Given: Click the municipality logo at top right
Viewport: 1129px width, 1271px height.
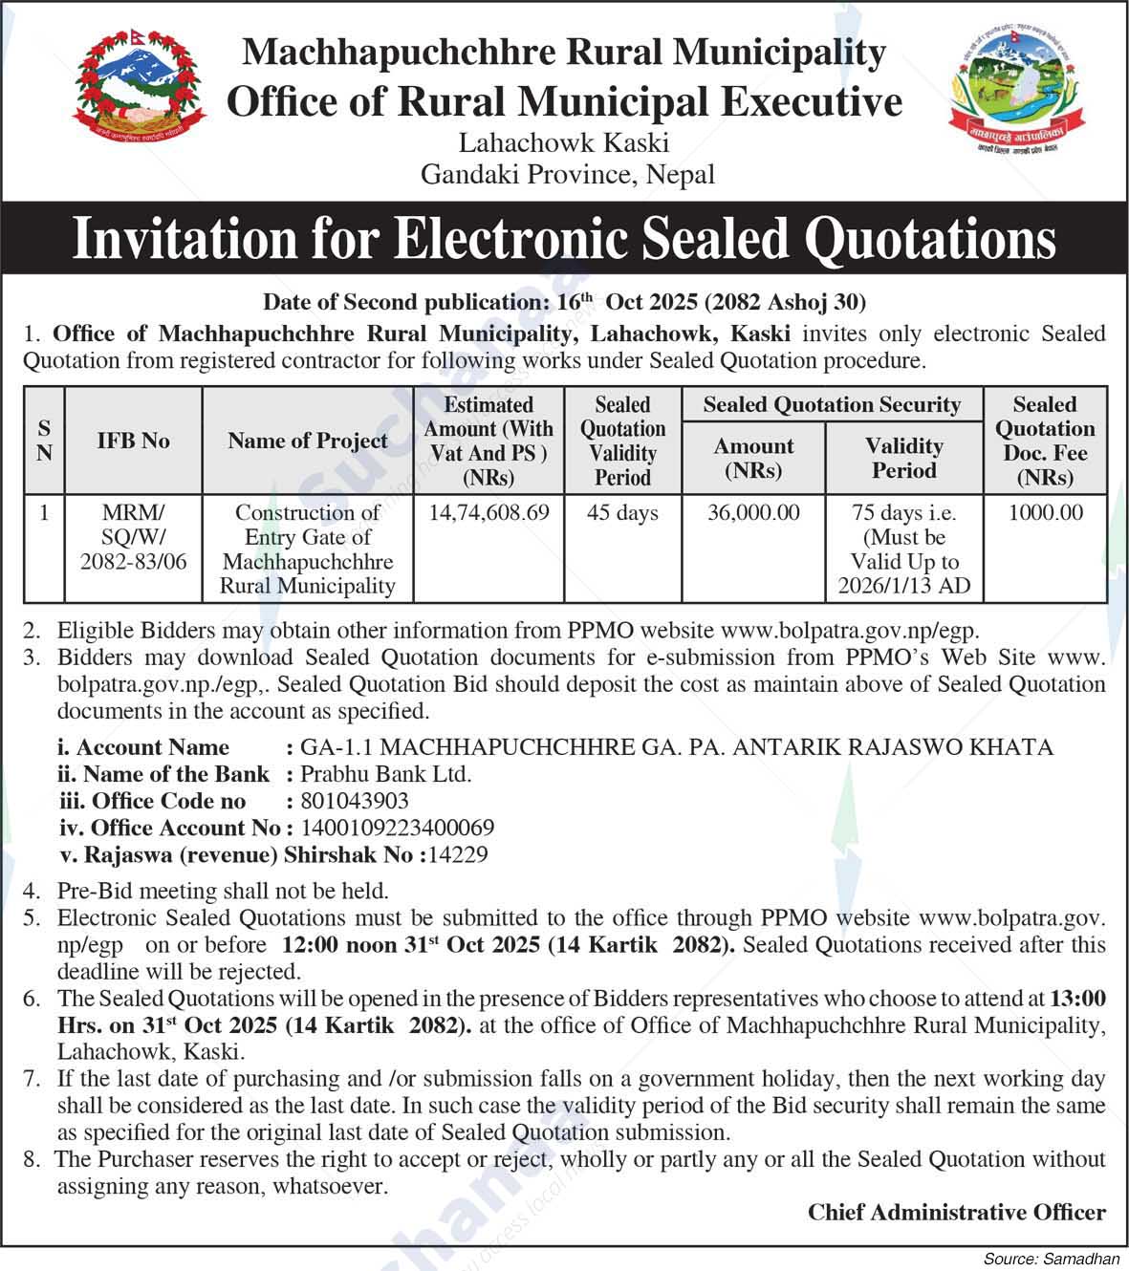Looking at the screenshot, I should [x=1019, y=91].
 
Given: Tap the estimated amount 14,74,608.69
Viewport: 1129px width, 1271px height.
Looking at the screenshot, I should [x=489, y=513].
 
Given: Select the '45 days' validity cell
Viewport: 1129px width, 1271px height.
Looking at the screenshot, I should [x=622, y=513].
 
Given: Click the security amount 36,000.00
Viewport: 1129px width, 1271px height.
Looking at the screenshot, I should [x=753, y=513].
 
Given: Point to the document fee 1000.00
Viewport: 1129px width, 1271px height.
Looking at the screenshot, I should [x=1046, y=513].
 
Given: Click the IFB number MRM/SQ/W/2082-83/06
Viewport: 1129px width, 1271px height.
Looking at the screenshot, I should [x=134, y=537].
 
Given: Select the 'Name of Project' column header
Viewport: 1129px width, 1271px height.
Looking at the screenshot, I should [x=308, y=441].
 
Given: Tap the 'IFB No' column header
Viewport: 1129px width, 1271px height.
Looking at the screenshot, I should [x=134, y=441].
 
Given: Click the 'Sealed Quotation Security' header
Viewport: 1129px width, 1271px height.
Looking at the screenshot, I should [x=832, y=404].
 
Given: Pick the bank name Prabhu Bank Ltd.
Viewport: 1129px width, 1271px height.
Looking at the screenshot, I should [x=386, y=774].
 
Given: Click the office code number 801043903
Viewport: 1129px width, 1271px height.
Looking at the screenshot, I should [x=355, y=801].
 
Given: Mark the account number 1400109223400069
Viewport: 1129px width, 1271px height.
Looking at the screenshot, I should [x=398, y=828].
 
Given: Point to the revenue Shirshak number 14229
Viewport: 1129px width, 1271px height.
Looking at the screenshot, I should [x=457, y=854].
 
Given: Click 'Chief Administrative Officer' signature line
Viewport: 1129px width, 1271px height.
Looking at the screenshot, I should [x=956, y=1212].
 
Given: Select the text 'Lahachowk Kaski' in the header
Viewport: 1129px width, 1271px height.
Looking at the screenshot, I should [x=564, y=143].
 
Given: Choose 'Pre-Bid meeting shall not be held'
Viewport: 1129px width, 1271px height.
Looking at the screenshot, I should [x=223, y=891].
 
